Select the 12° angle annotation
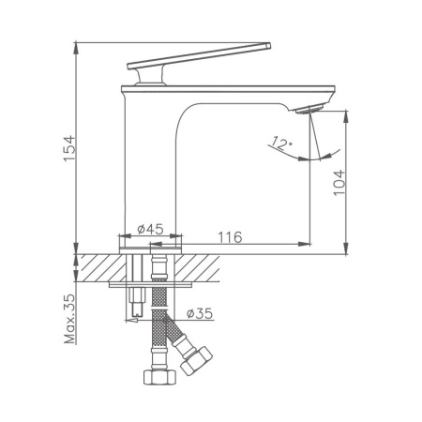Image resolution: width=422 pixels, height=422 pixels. (279, 143)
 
